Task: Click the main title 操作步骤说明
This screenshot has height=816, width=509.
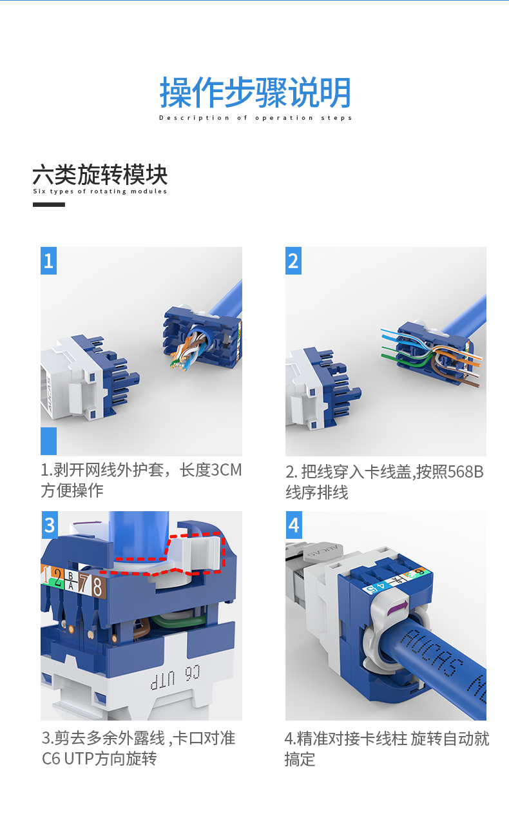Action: tap(255, 93)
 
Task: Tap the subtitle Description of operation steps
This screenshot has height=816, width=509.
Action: tap(255, 118)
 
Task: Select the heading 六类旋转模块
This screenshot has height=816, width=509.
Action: tap(100, 175)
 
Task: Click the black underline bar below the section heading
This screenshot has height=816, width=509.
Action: tap(49, 205)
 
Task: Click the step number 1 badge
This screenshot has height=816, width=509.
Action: tap(48, 260)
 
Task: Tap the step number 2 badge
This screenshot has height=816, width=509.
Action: tap(293, 260)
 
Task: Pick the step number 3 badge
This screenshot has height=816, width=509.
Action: tap(49, 525)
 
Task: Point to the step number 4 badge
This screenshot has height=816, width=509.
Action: tap(294, 525)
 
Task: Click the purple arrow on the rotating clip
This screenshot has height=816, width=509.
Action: tap(398, 608)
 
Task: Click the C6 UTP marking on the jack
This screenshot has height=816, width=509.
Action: tap(175, 678)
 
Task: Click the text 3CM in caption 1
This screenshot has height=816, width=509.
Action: tap(226, 470)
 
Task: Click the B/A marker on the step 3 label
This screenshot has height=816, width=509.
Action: tap(71, 581)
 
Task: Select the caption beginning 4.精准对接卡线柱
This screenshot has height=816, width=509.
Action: tap(387, 749)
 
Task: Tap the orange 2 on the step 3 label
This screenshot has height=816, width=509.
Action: tap(57, 578)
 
